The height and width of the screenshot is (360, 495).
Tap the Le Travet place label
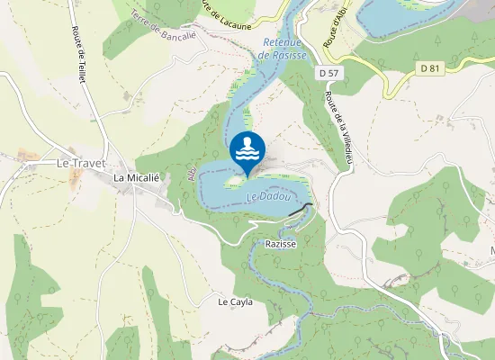point(81,164)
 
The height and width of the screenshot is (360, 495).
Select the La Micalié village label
point(136,178)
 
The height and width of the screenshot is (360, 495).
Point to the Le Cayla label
point(235,302)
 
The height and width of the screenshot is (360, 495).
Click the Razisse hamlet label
point(281,244)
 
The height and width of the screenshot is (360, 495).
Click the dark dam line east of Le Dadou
point(301,210)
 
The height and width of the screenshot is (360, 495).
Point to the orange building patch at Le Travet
point(74,178)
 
